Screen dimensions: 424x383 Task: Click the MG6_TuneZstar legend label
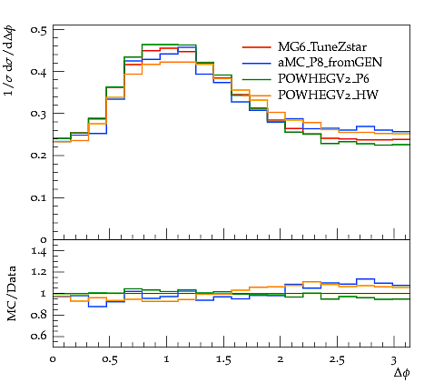click(x=322, y=47)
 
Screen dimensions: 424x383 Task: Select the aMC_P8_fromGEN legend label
click(x=330, y=63)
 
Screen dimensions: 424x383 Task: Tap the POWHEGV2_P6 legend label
click(x=323, y=79)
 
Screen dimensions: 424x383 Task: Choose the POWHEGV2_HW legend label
click(x=328, y=96)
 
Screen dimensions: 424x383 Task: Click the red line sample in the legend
click(x=257, y=47)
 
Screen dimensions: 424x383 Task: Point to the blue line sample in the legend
click(x=257, y=63)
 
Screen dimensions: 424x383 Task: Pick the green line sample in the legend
click(x=257, y=79)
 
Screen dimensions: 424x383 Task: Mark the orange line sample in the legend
click(x=257, y=96)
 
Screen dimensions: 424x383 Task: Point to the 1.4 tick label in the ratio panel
click(x=39, y=251)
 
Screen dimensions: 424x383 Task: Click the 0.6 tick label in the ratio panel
click(x=39, y=336)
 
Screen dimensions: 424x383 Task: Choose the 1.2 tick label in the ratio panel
click(x=39, y=272)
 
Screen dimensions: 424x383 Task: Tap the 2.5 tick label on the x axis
click(x=337, y=360)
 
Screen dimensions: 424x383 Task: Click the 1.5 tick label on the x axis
click(x=223, y=360)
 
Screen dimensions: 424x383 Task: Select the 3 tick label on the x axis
click(x=393, y=360)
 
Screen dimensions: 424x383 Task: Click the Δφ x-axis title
click(x=402, y=373)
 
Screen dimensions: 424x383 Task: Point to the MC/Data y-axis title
click(x=12, y=294)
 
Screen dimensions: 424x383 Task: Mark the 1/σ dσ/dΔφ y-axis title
click(x=10, y=61)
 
